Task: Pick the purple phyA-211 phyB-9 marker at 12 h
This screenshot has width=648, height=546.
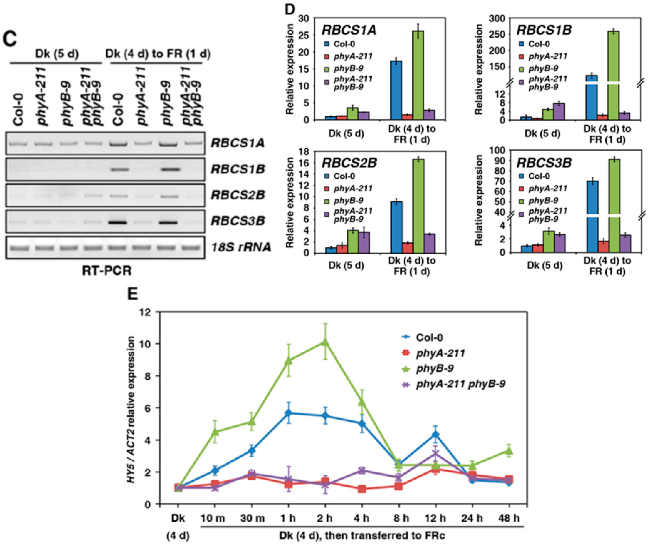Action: [x=435, y=454]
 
